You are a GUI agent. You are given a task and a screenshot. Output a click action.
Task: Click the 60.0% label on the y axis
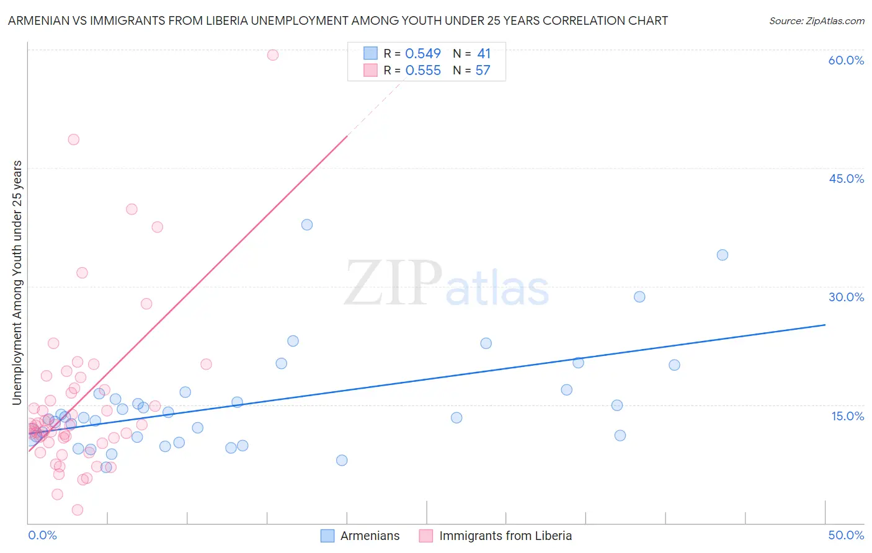(x=846, y=60)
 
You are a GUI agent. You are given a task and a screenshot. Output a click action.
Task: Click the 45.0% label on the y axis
(x=846, y=179)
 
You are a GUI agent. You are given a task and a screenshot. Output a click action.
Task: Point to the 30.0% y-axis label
(x=846, y=297)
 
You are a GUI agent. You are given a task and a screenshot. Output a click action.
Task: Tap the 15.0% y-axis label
(x=847, y=416)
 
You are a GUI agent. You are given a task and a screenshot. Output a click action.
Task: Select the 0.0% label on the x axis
(x=42, y=535)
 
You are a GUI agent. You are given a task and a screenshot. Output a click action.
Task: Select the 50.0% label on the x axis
(x=846, y=535)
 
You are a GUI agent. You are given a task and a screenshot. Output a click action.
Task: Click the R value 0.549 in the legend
(x=423, y=54)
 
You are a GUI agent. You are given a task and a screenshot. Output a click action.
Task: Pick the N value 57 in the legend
(x=483, y=71)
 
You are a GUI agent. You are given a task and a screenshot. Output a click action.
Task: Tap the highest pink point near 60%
(x=273, y=55)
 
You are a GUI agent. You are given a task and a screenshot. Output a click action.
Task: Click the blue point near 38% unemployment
(x=307, y=225)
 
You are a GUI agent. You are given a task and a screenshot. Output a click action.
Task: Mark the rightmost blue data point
(x=723, y=255)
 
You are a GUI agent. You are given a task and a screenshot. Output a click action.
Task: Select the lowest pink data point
(x=78, y=510)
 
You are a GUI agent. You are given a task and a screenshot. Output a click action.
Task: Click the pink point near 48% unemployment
(x=74, y=139)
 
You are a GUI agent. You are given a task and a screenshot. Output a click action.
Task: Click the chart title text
(x=338, y=20)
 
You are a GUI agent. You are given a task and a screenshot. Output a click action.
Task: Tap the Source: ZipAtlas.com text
(x=816, y=21)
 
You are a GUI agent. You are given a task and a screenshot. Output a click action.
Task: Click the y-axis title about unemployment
(x=17, y=283)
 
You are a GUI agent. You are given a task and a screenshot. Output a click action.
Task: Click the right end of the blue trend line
(x=825, y=325)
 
